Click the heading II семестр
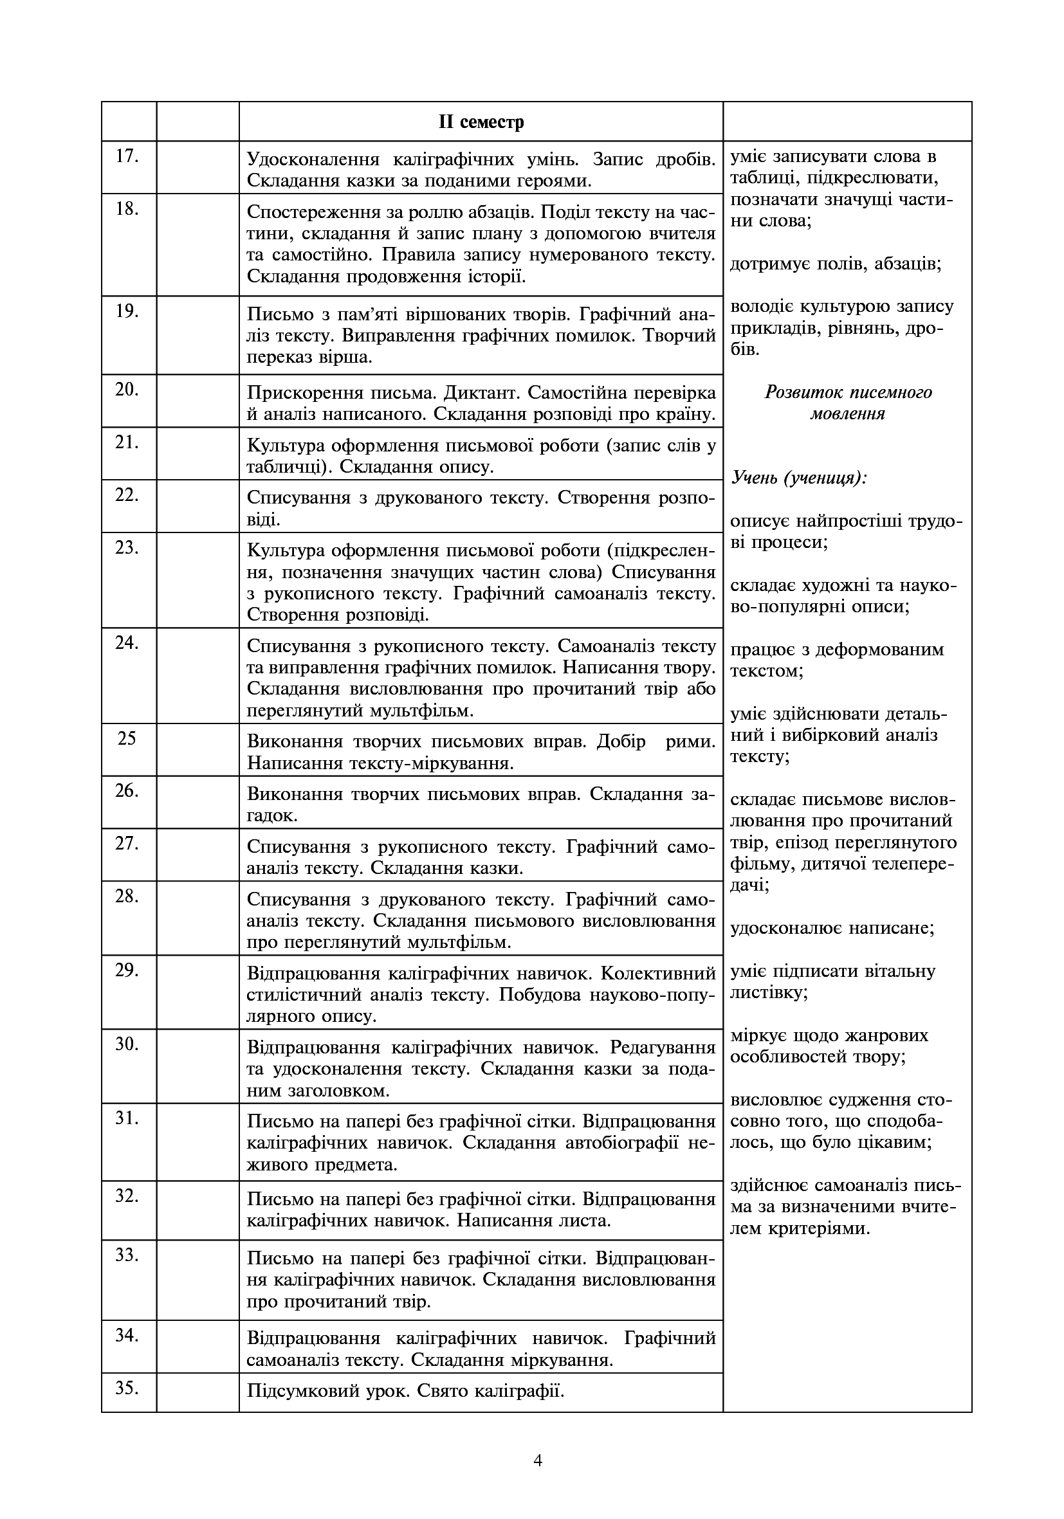pyautogui.click(x=481, y=122)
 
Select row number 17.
pyautogui.click(x=126, y=157)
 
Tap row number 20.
pyautogui.click(x=126, y=390)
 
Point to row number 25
pyautogui.click(x=126, y=738)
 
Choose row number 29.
pyautogui.click(x=126, y=970)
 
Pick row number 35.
pyautogui.click(x=126, y=1387)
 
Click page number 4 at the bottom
pyautogui.click(x=537, y=1460)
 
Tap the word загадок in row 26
pyautogui.click(x=271, y=815)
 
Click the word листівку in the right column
pyautogui.click(x=767, y=992)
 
